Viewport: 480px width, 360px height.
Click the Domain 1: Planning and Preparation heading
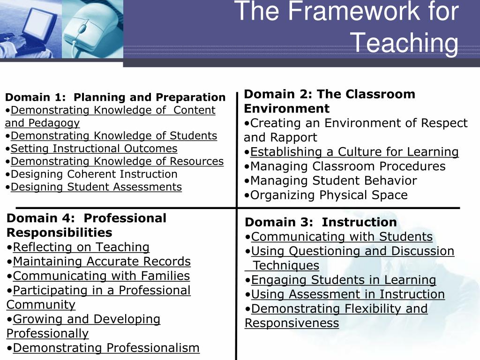pos(115,97)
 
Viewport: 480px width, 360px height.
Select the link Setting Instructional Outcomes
pos(94,149)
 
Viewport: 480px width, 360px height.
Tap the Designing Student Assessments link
pos(96,187)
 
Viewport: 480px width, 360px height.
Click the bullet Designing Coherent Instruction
pos(94,174)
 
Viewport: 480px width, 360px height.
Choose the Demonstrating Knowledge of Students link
pos(114,136)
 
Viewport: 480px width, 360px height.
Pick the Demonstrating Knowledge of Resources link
pos(117,161)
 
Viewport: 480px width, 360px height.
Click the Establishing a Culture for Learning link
pos(354,152)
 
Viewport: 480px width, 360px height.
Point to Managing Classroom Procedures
pos(348,166)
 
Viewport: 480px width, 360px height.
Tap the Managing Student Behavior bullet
pos(333,181)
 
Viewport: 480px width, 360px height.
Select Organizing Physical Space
pos(329,195)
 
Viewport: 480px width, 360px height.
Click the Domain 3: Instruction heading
pos(321,222)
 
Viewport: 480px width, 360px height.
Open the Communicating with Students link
pos(342,237)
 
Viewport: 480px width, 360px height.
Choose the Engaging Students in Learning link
pos(344,280)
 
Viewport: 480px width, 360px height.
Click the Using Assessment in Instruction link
pos(348,294)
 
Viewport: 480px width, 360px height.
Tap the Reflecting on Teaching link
pos(81,247)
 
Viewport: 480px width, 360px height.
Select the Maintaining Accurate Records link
pos(102,262)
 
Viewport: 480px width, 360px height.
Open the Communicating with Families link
pos(101,276)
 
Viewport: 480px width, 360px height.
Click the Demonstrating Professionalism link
pos(106,348)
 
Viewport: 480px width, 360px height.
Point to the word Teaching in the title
pos(405,43)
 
